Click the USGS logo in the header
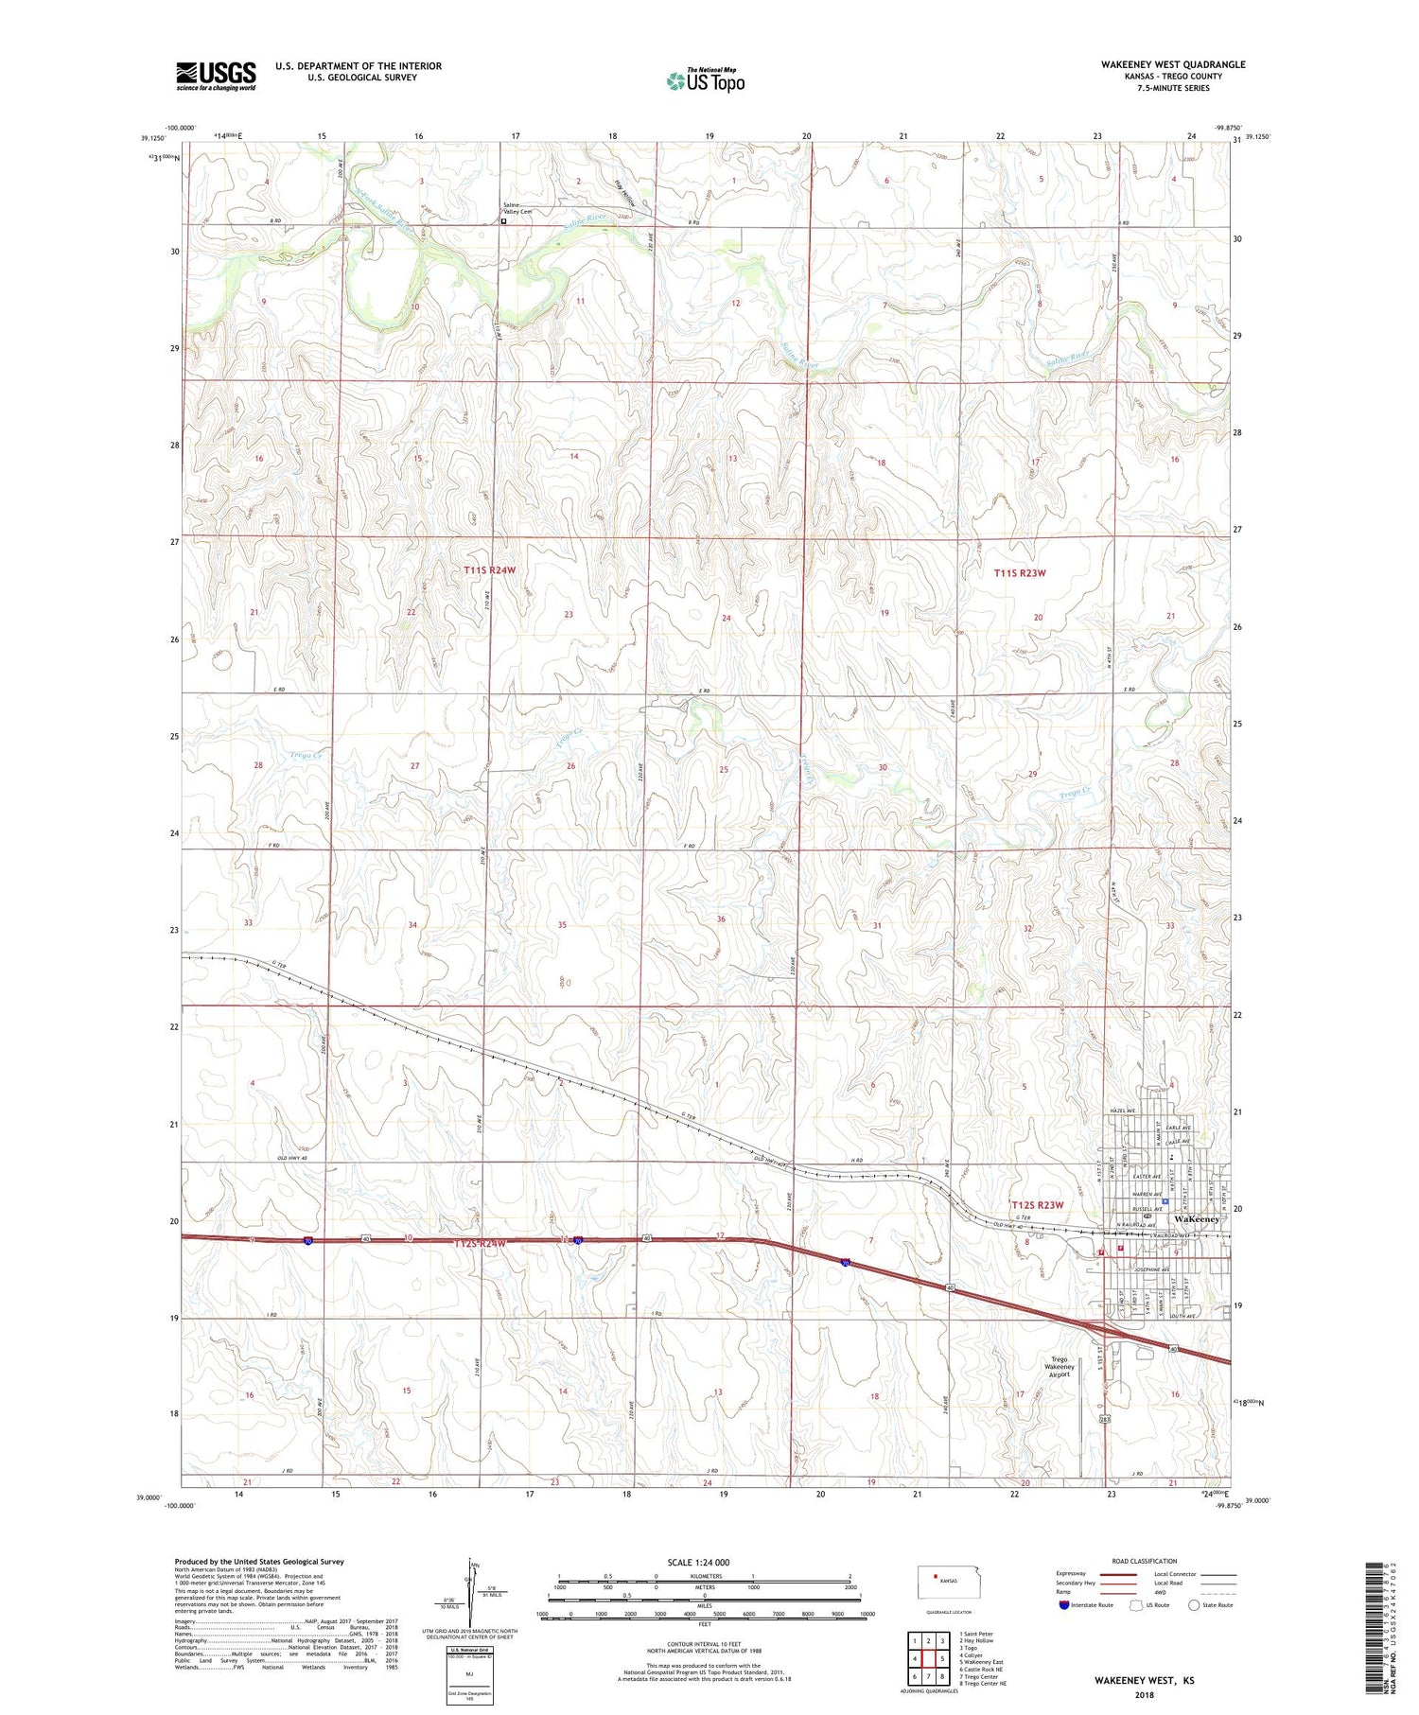[216, 76]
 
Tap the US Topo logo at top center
[705, 80]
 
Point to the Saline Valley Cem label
[517, 208]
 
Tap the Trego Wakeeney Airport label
[1059, 1367]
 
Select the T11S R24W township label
[490, 570]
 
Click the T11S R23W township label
[1020, 573]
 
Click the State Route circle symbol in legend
[1194, 1605]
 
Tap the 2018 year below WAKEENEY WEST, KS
[1144, 1694]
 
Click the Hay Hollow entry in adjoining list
[977, 1641]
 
